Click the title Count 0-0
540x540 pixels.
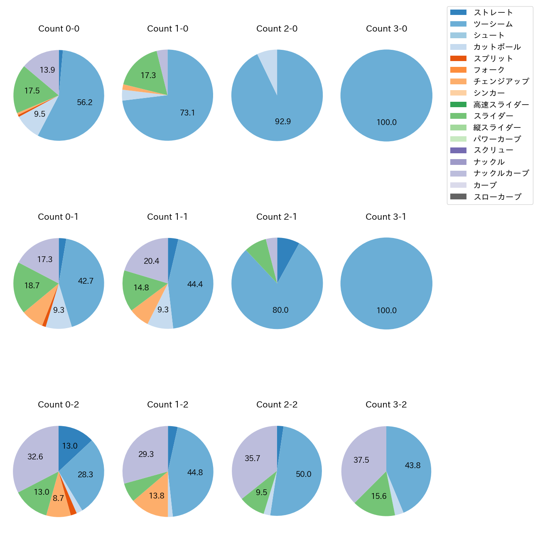point(59,29)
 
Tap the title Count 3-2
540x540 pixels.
point(386,405)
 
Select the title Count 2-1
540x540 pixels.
point(277,217)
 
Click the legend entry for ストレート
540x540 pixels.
point(493,12)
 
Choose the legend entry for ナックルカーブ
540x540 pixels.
point(501,173)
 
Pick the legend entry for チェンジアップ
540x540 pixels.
point(501,81)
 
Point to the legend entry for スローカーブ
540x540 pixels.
point(497,196)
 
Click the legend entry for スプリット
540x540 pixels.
point(493,58)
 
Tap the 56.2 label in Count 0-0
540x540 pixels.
point(85,103)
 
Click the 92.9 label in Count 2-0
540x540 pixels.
point(283,122)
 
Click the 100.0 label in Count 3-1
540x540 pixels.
point(386,310)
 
